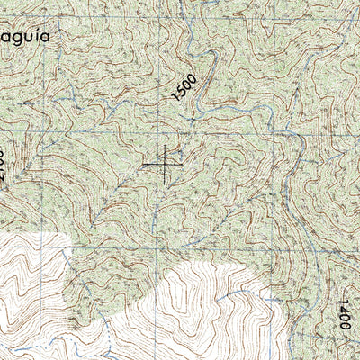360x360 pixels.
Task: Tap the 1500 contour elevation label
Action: [x=184, y=87]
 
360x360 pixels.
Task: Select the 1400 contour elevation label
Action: [x=344, y=312]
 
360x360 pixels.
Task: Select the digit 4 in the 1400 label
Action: [x=344, y=309]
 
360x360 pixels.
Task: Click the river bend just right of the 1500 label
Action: [x=210, y=90]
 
